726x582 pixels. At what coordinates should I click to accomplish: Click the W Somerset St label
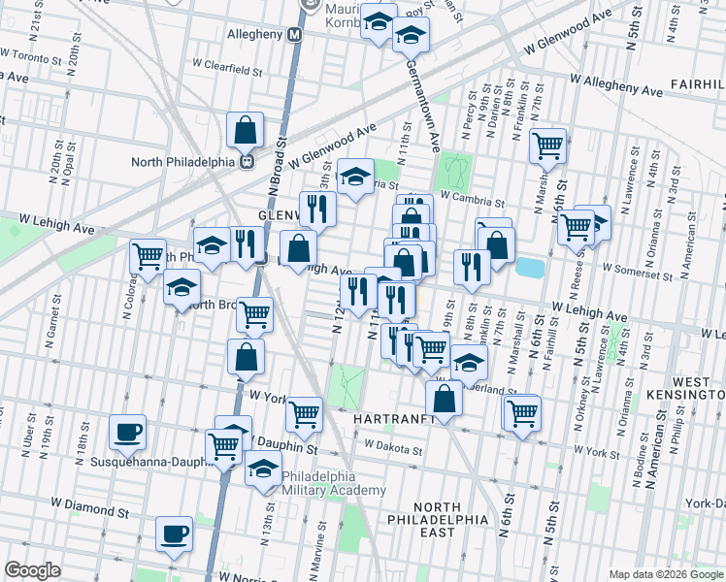pos(636,268)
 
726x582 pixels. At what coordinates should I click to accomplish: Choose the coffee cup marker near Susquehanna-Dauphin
pos(127,432)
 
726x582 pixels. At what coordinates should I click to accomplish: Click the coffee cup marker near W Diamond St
pos(175,533)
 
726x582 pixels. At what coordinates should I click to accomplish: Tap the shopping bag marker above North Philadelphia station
pos(247,129)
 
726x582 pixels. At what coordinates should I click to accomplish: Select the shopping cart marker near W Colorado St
pos(148,257)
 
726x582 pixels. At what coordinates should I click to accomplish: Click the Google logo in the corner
pos(32,570)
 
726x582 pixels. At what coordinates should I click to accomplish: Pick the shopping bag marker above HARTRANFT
pos(444,397)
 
